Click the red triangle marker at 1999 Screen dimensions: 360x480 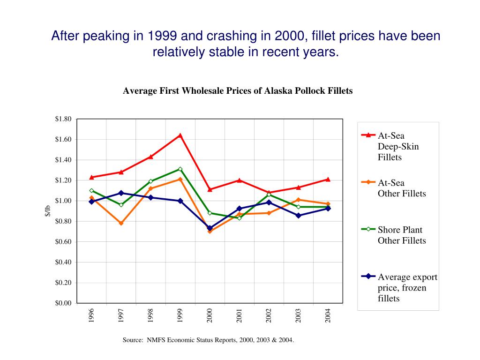click(x=180, y=135)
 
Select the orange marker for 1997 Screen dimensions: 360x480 click(x=121, y=223)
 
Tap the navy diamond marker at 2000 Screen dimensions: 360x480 click(x=210, y=228)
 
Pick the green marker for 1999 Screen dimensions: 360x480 click(x=180, y=169)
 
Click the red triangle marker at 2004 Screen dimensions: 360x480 click(x=328, y=179)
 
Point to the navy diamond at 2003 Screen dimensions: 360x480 click(x=298, y=215)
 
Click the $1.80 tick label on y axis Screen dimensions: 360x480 click(x=63, y=119)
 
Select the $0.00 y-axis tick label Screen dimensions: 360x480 click(x=63, y=303)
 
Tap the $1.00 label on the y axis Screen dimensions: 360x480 click(x=63, y=201)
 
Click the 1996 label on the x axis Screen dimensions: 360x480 click(x=92, y=315)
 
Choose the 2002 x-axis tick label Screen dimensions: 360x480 click(x=269, y=315)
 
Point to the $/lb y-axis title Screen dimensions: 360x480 click(x=47, y=211)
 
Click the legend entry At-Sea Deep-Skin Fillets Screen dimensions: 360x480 click(x=398, y=146)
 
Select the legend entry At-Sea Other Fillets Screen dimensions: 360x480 click(x=401, y=188)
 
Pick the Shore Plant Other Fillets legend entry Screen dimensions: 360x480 click(x=401, y=235)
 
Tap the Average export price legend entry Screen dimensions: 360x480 click(x=407, y=287)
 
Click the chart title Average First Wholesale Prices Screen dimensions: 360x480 click(x=238, y=91)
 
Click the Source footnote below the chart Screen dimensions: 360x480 click(x=209, y=340)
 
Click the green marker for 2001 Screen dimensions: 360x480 click(x=239, y=218)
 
